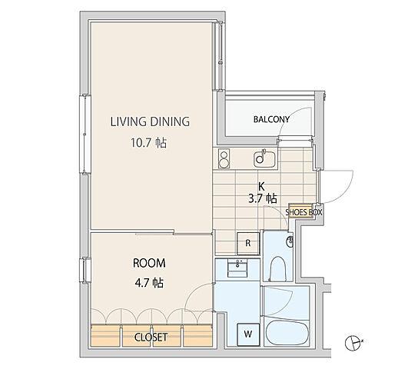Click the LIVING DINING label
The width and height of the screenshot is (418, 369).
[150, 121]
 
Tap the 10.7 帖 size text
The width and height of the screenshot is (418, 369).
[149, 143]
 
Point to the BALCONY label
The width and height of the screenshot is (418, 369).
[271, 119]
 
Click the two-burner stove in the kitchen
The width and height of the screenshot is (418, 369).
[224, 158]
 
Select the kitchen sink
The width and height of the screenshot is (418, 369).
[264, 158]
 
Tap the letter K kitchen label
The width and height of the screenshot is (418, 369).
[261, 185]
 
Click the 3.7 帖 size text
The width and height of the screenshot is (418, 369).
[263, 198]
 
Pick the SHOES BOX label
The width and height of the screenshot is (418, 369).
[304, 212]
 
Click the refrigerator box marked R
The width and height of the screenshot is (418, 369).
[248, 244]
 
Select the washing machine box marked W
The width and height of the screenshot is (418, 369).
[248, 334]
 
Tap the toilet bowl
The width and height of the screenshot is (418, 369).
[277, 268]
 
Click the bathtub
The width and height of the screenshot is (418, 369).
[287, 334]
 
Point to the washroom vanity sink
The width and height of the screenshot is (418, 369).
[237, 268]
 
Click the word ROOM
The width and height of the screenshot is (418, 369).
[149, 263]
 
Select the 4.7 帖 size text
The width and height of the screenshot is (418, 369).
[149, 283]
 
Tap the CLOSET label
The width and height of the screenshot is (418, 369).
[151, 337]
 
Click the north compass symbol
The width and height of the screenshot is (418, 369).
[353, 343]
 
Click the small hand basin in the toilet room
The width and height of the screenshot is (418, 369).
[290, 242]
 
